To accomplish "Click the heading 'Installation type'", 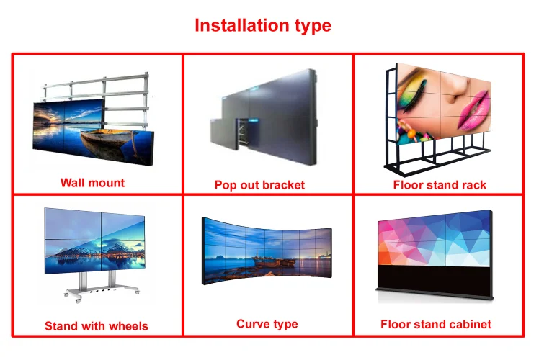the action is coord(263,26).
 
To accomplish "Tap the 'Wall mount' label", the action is coord(92,183).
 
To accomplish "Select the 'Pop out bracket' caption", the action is coord(259,185).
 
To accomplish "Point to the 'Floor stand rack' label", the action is coord(440,185).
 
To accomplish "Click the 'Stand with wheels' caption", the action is coord(97,326).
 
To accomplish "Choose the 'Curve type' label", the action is coord(267,324).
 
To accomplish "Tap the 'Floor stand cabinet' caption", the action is coord(436,324).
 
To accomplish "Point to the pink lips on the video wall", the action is coord(473,109).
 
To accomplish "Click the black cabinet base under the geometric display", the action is coord(434,279).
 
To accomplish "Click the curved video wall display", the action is coord(267,251).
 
